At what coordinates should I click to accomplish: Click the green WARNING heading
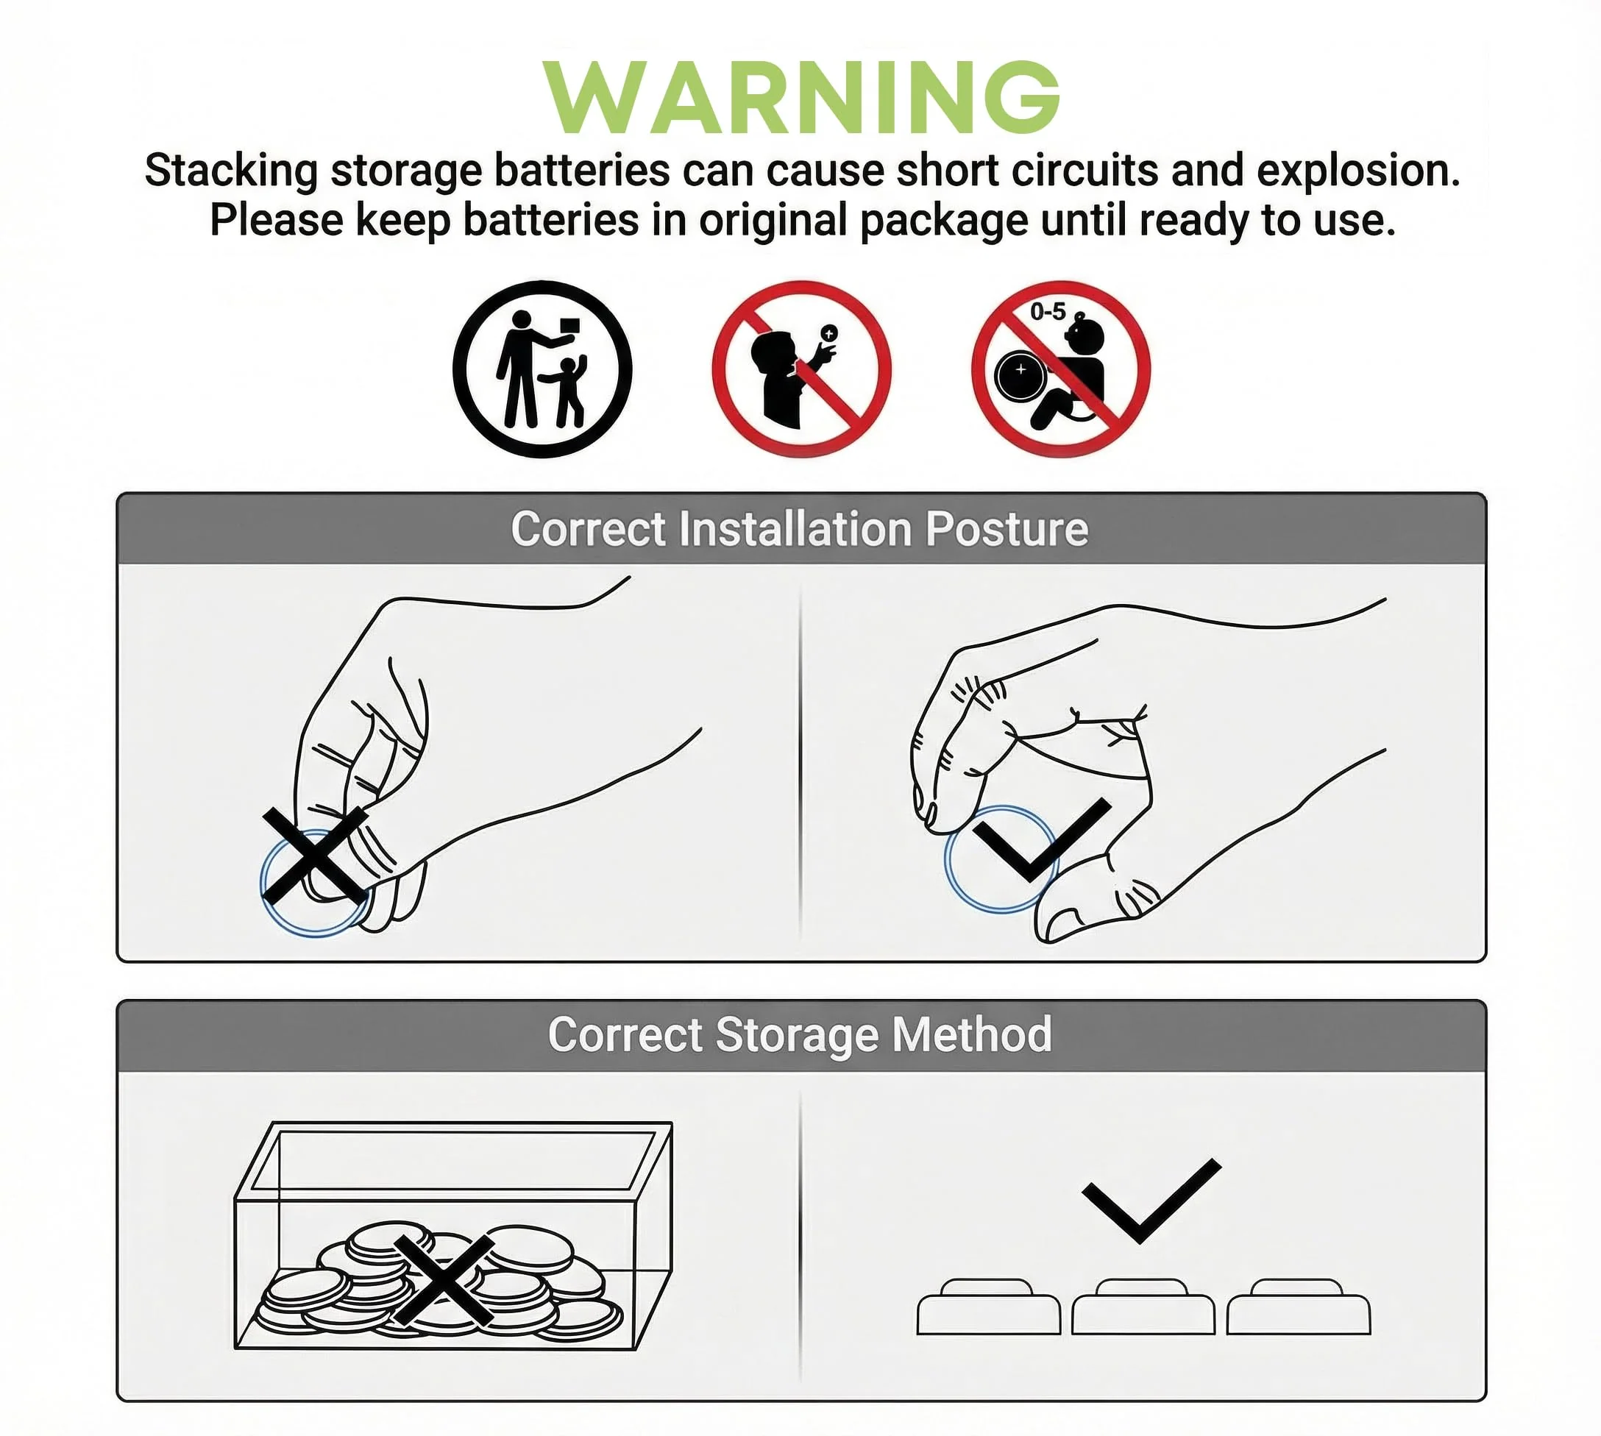click(801, 97)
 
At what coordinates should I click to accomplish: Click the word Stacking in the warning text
click(231, 171)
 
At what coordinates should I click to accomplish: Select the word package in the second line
click(944, 221)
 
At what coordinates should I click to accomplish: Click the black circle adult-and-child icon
click(543, 369)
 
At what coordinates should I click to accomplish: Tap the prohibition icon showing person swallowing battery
click(802, 369)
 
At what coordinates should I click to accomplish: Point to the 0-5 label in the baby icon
click(1047, 312)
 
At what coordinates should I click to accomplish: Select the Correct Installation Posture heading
click(799, 528)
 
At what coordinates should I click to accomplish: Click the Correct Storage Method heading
click(799, 1035)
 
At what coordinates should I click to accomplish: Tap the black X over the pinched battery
click(314, 855)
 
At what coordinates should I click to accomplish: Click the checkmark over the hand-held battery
click(1043, 840)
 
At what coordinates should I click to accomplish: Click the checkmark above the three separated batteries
click(1152, 1200)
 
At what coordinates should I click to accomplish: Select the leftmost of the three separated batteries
click(988, 1307)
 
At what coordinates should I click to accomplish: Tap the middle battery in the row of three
click(1143, 1307)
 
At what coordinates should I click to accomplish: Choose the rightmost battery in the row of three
click(1298, 1307)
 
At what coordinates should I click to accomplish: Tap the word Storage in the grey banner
click(797, 1035)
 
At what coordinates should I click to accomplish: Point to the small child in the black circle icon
click(567, 391)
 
